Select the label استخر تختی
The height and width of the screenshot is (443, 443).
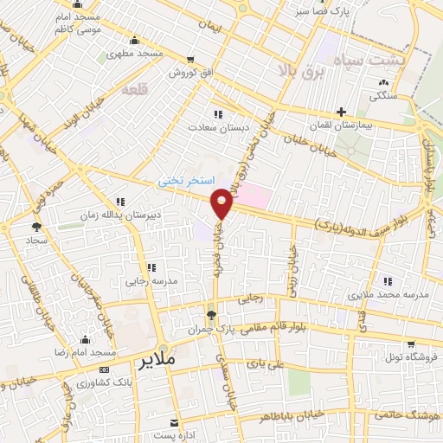(183, 181)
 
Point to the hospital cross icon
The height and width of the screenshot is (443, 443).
(341, 112)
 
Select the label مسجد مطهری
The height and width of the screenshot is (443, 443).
(136, 54)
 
